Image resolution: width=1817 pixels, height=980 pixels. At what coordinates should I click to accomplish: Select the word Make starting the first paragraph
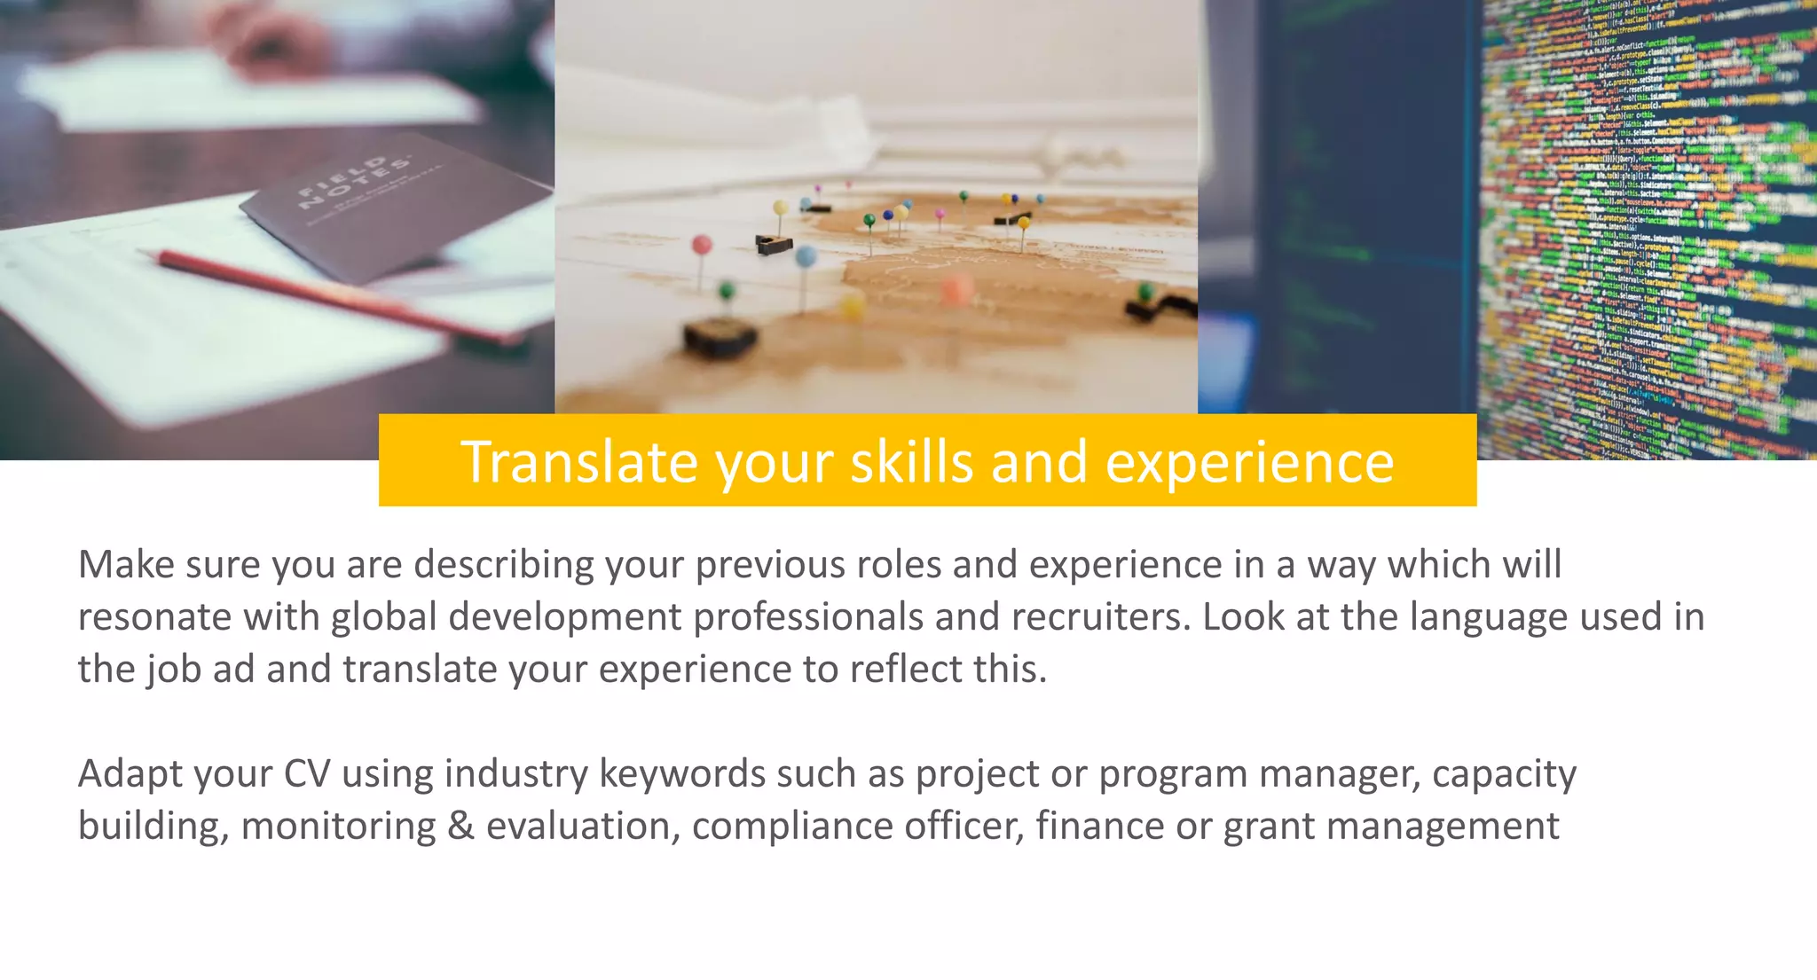[126, 565]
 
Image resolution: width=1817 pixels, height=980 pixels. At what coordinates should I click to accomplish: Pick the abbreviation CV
[307, 774]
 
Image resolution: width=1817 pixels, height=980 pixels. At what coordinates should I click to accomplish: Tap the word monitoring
[338, 827]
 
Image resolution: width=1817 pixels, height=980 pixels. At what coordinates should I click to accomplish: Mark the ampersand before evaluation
[460, 827]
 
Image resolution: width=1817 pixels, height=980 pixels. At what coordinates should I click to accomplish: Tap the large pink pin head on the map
[701, 245]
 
